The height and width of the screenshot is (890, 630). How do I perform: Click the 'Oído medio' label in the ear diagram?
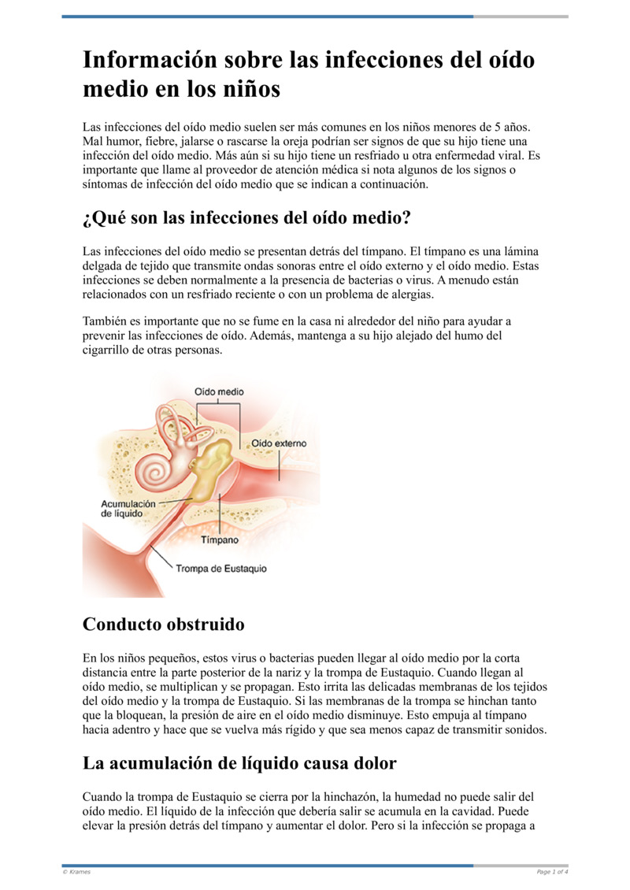tap(219, 391)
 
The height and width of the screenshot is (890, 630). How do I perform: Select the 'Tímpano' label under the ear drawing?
tap(220, 540)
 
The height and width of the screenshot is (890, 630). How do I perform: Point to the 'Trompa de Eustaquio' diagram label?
tap(220, 568)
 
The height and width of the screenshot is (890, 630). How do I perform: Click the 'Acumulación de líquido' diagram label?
tap(128, 507)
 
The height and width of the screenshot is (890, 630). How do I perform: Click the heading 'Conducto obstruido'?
tap(163, 625)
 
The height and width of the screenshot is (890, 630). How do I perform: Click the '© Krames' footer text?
tap(76, 871)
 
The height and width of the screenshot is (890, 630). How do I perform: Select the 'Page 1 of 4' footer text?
tap(552, 871)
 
